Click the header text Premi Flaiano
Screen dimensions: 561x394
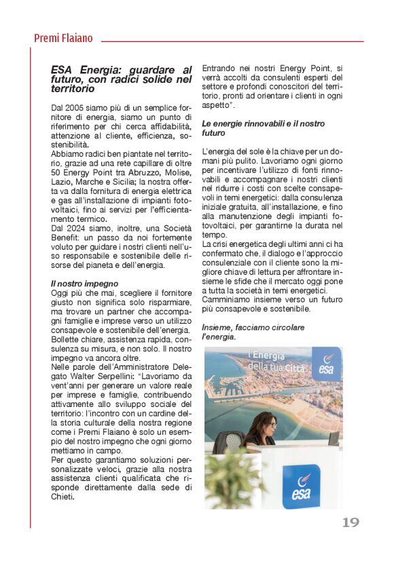coord(63,39)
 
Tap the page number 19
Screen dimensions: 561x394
coord(350,522)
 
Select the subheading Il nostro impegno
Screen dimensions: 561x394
coord(85,283)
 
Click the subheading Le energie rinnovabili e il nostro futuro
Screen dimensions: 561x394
coord(253,129)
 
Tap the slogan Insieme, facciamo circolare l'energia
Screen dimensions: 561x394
coord(253,332)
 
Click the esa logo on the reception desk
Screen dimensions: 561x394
coord(300,485)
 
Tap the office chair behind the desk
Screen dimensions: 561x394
coord(232,442)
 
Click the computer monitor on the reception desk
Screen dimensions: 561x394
coord(334,438)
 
